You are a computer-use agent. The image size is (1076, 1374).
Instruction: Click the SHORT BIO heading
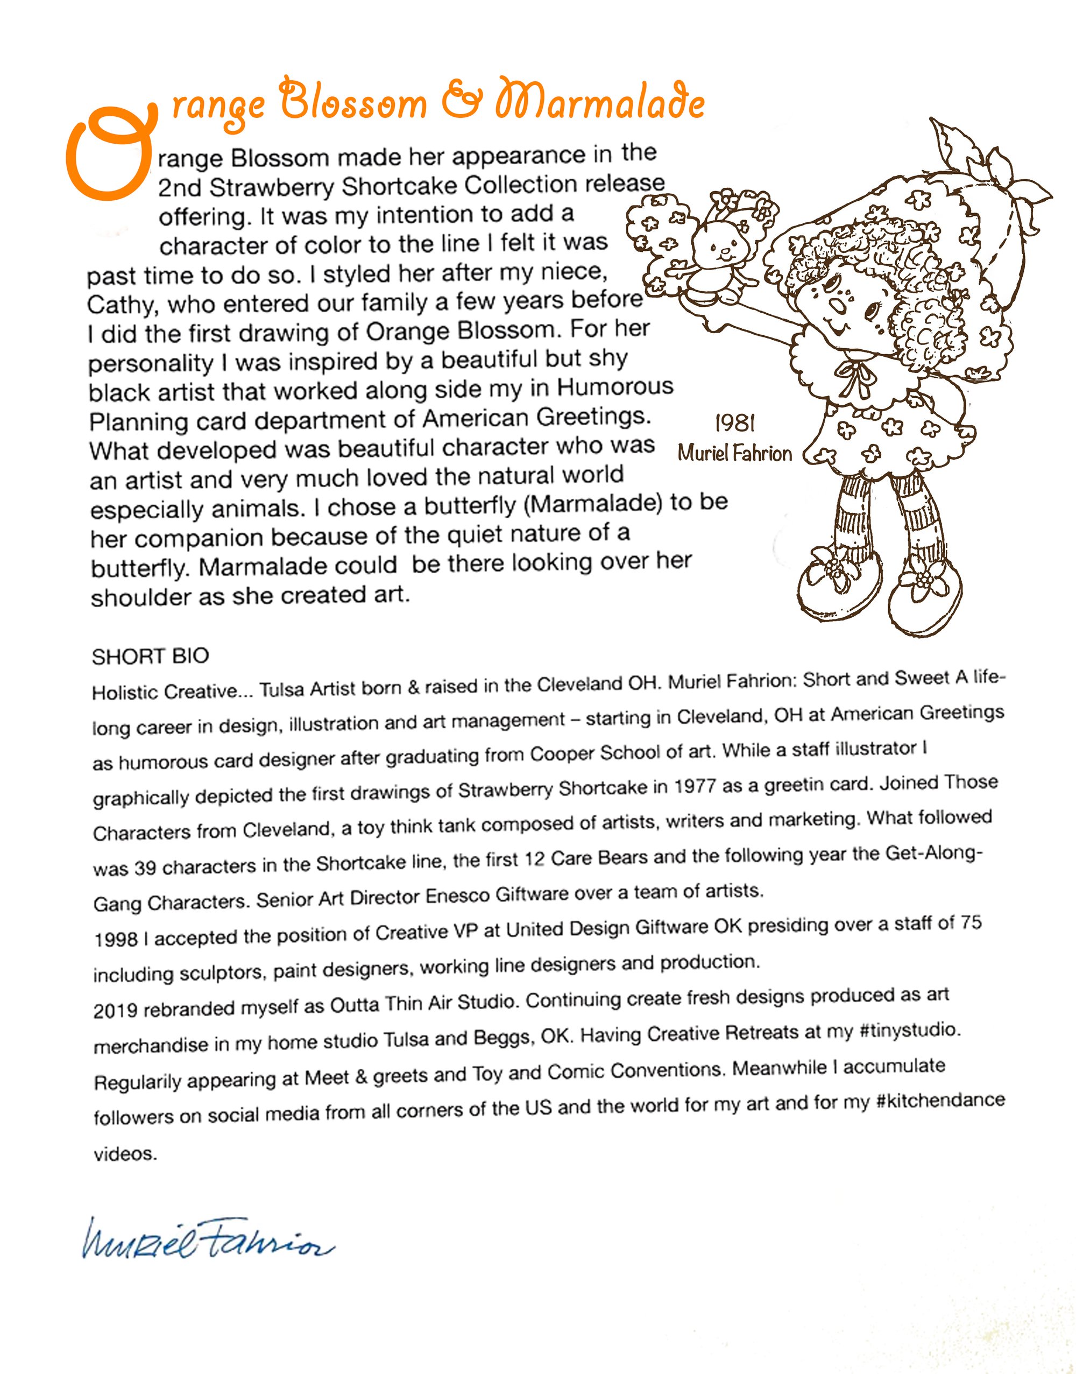[x=150, y=657]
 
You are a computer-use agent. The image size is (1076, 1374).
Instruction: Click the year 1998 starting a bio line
[x=116, y=939]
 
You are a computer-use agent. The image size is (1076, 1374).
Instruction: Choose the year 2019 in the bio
[x=116, y=1010]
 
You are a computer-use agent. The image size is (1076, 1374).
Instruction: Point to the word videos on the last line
[x=124, y=1154]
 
